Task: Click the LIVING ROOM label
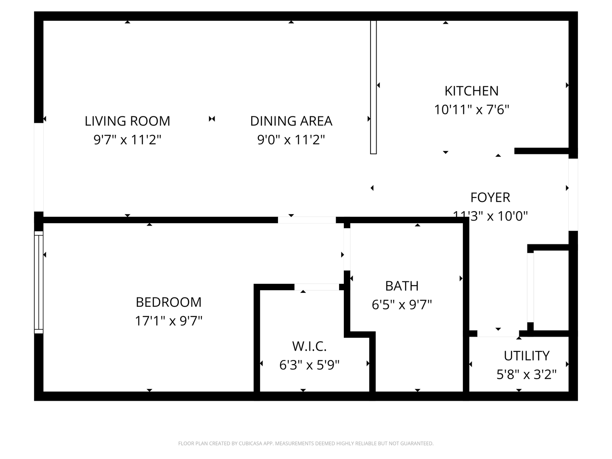point(127,121)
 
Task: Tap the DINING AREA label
point(291,121)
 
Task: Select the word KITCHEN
point(471,91)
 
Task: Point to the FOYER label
point(490,198)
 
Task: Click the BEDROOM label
point(168,302)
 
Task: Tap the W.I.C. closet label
point(309,346)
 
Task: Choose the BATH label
point(402,286)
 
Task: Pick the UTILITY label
point(527,356)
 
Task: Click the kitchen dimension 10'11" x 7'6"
point(471,110)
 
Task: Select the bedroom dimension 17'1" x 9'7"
point(168,320)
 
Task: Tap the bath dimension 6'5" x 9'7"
point(402,305)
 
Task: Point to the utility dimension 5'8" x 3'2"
point(527,374)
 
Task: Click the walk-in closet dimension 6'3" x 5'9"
point(309,365)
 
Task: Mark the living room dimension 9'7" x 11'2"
point(127,139)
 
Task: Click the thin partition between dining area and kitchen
point(373,87)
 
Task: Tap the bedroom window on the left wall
point(39,282)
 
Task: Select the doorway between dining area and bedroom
point(307,220)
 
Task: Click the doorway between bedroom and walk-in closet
point(317,287)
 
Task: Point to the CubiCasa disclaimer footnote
point(306,444)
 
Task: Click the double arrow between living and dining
point(212,119)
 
